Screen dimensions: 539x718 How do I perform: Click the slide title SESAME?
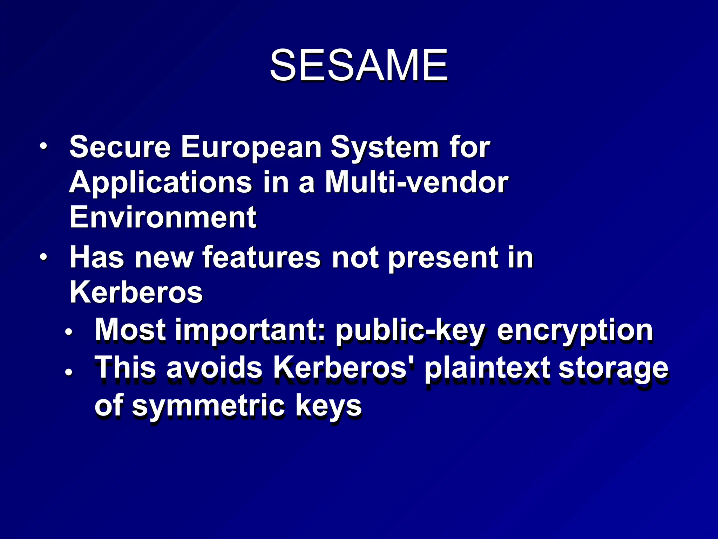click(359, 65)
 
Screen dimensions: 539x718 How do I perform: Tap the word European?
click(251, 147)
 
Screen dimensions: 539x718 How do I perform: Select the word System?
click(385, 148)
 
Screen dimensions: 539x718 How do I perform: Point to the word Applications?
click(161, 183)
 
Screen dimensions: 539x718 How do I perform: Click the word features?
click(262, 257)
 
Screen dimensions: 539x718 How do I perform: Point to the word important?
click(250, 330)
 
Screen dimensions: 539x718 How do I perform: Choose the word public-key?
click(410, 330)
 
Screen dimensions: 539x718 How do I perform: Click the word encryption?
click(575, 330)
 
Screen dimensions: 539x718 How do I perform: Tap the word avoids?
click(214, 368)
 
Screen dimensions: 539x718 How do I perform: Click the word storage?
click(613, 369)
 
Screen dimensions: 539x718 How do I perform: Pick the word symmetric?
click(208, 406)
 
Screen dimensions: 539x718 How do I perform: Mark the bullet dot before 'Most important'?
click(69, 332)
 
